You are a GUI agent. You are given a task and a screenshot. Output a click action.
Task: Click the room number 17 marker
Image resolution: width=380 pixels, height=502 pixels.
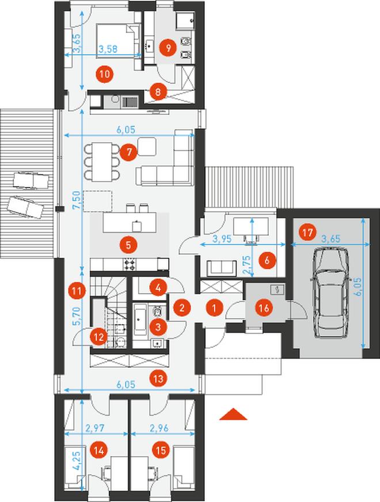[307, 232]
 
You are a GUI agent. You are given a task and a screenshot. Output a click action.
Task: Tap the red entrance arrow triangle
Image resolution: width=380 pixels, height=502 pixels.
[233, 414]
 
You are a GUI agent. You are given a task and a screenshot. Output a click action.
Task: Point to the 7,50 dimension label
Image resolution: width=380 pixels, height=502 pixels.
[77, 201]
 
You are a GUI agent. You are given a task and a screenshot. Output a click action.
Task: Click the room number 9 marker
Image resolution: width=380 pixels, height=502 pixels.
[168, 48]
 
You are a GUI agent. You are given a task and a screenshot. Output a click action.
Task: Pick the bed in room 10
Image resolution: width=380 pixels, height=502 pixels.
[117, 42]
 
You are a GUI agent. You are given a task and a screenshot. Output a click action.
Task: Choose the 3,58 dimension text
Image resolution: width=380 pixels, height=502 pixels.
[108, 49]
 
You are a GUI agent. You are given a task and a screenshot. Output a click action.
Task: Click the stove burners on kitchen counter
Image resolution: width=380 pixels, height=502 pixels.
[131, 265]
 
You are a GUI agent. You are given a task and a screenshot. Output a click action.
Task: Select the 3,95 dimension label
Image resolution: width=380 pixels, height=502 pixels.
[222, 239]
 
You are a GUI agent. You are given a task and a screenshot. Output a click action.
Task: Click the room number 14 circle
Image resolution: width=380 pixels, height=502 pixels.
[98, 450]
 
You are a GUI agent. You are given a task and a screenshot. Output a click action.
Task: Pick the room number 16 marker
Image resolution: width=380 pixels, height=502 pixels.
[264, 308]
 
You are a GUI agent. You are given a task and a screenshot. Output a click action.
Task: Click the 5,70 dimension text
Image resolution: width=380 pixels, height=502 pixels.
[77, 316]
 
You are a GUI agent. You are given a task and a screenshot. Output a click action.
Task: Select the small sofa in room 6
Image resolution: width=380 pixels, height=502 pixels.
[220, 268]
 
